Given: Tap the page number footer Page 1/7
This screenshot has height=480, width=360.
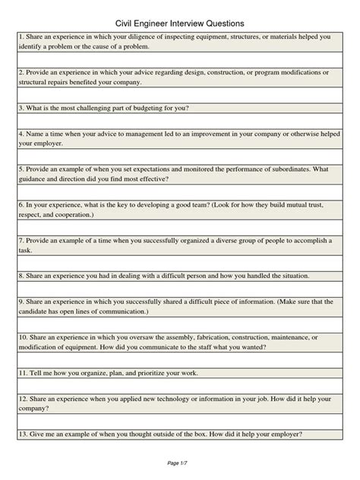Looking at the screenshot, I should [179, 463].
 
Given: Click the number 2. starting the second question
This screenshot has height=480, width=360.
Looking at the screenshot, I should [21, 72].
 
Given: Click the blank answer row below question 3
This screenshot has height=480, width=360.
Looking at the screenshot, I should [179, 120].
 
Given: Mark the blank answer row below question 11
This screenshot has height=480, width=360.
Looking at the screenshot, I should [179, 385].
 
